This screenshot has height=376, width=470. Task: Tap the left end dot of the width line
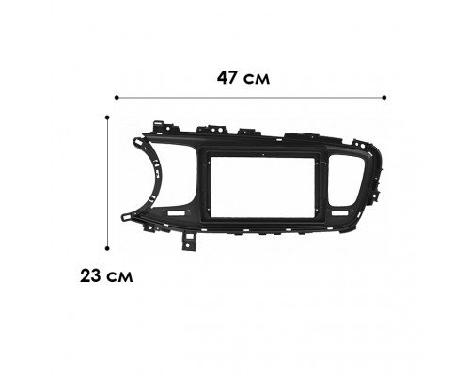(x=116, y=96)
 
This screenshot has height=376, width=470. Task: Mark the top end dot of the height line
(x=108, y=117)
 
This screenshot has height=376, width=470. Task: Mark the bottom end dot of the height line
(x=108, y=246)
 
